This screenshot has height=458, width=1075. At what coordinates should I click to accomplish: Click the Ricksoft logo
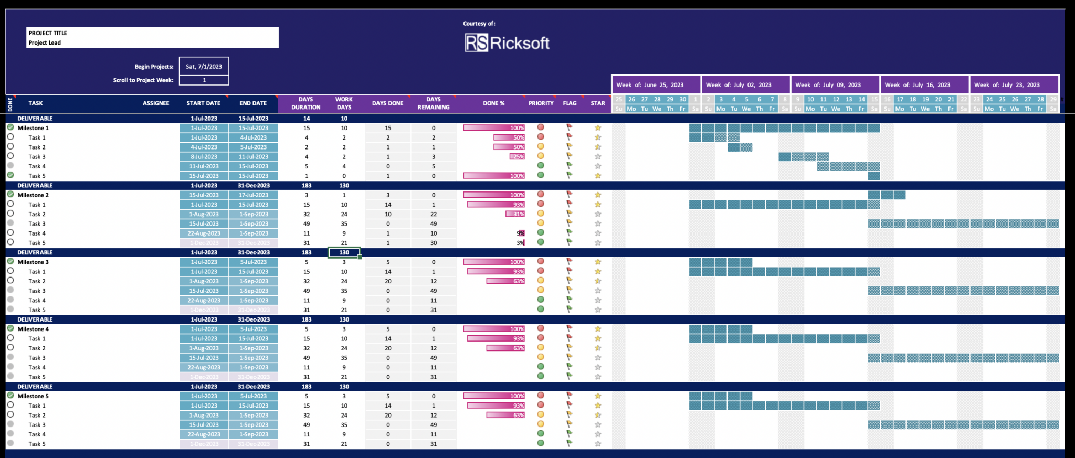(x=507, y=43)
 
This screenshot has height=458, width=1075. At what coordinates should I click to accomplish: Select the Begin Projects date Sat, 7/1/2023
(x=204, y=67)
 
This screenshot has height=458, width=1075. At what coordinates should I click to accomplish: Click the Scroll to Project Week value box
(x=204, y=80)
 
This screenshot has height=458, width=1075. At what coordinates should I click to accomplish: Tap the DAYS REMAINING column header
(x=434, y=103)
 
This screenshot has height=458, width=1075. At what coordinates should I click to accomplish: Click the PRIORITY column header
(x=541, y=103)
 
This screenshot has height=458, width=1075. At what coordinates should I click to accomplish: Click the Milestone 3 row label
(x=33, y=262)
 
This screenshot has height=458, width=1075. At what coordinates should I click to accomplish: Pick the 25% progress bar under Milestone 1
(x=518, y=157)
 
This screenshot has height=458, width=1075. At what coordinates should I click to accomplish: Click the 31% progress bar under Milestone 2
(x=515, y=214)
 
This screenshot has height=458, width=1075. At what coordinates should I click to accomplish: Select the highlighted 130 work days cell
(x=344, y=253)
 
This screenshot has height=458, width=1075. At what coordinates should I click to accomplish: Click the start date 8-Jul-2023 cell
(x=204, y=157)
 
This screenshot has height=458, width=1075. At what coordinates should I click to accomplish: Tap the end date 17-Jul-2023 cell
(x=254, y=195)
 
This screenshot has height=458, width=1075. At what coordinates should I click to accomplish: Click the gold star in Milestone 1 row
(x=598, y=128)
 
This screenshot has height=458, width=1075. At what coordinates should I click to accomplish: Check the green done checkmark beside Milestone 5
(x=10, y=396)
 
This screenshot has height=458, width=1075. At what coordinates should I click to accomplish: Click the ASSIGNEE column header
(x=156, y=103)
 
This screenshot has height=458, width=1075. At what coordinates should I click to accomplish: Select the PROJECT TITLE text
(x=48, y=33)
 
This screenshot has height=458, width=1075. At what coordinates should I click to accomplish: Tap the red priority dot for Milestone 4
(x=541, y=328)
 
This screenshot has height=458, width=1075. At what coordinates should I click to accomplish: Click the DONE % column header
(x=493, y=103)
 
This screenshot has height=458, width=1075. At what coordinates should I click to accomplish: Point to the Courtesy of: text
(x=479, y=24)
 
